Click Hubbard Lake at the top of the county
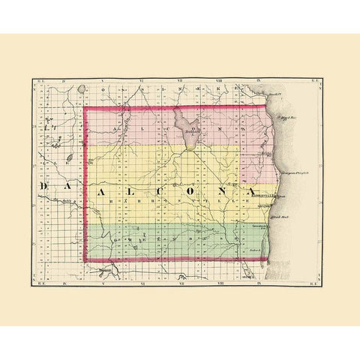187,124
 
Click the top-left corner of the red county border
85,108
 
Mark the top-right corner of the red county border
266,107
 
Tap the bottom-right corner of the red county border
268,260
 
